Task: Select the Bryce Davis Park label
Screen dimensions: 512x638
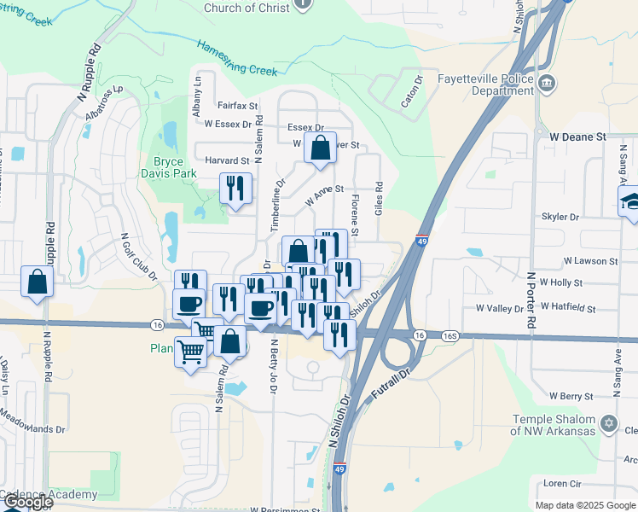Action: coord(175,167)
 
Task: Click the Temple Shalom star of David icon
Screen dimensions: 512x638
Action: coord(608,423)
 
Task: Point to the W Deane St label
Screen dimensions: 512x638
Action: coord(577,137)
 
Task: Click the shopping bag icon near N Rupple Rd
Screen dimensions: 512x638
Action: coord(38,282)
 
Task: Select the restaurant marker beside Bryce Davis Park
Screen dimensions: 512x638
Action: coord(234,189)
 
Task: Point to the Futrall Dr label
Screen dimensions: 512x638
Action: coord(391,384)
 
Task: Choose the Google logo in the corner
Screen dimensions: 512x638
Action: coord(27,502)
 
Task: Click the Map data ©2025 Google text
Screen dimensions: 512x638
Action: coord(585,505)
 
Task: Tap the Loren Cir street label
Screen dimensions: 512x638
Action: coord(562,482)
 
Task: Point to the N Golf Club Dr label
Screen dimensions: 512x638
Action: coord(139,256)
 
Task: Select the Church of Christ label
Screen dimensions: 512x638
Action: coord(246,8)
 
